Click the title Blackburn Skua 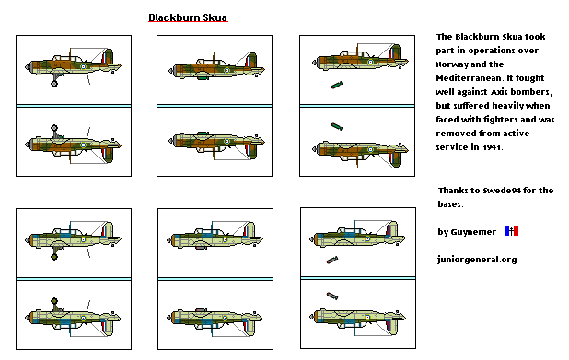pos(188,17)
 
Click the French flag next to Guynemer pos(511,231)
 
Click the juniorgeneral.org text pos(477,260)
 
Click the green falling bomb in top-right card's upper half pos(337,86)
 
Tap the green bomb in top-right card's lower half pos(337,127)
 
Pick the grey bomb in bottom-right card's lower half pos(332,296)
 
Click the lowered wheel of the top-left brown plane pos(54,84)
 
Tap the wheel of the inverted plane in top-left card pos(54,128)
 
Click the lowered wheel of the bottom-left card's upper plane pos(54,258)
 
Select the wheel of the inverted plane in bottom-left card pos(54,301)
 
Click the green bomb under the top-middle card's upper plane pos(201,79)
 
